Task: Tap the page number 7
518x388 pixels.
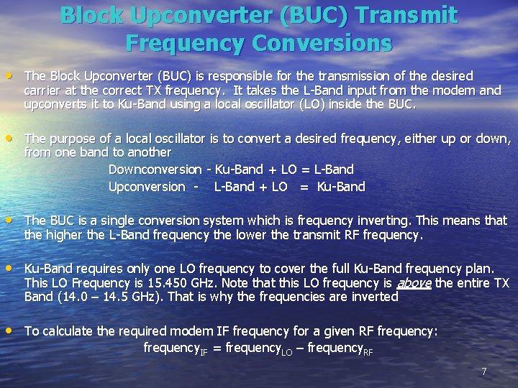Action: (x=484, y=371)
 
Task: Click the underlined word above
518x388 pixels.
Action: (x=415, y=283)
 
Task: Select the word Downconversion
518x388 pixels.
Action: (x=155, y=170)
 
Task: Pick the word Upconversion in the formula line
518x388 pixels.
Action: (x=147, y=187)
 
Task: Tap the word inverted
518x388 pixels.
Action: (x=371, y=297)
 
